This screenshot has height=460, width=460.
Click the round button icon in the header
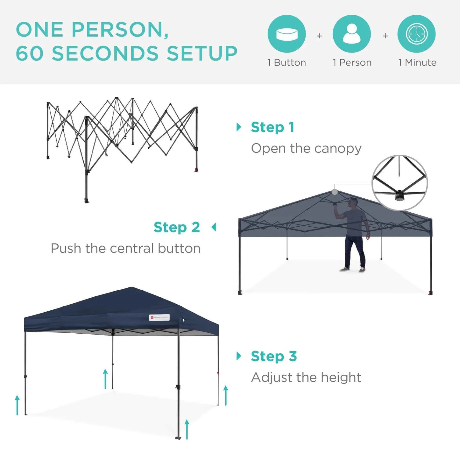click(287, 34)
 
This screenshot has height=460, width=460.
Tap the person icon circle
click(351, 34)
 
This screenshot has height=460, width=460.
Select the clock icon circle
click(416, 34)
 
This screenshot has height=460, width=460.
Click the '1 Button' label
click(287, 62)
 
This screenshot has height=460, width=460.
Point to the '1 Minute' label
click(417, 62)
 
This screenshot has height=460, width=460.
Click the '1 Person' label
click(352, 62)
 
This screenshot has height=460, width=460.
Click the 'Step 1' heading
click(272, 127)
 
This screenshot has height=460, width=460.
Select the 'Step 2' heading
click(177, 227)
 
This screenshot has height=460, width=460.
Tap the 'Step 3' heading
click(274, 356)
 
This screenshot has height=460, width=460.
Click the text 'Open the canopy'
click(306, 148)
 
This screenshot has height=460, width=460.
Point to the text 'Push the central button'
click(125, 248)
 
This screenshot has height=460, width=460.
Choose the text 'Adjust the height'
click(306, 378)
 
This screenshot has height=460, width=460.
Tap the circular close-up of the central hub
click(400, 183)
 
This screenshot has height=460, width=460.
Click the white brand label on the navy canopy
click(159, 317)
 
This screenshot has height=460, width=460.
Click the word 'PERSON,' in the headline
click(120, 30)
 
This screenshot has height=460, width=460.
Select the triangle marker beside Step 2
click(214, 227)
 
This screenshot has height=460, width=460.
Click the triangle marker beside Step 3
click(239, 356)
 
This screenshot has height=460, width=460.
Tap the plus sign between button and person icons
click(319, 36)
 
